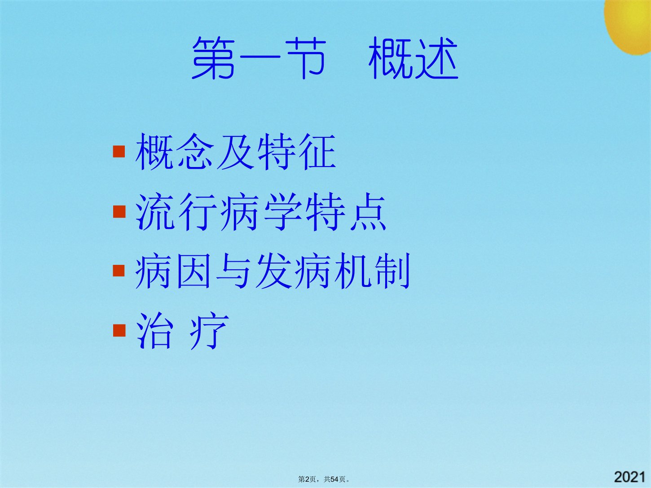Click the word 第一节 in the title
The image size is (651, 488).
(x=259, y=58)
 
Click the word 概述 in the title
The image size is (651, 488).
(x=413, y=58)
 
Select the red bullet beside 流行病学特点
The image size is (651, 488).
(x=119, y=212)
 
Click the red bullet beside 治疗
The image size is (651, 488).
(x=119, y=330)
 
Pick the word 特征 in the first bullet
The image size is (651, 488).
(x=297, y=151)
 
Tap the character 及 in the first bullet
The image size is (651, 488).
(x=236, y=151)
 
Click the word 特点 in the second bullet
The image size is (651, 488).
(x=346, y=211)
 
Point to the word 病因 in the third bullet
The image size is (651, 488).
(x=173, y=271)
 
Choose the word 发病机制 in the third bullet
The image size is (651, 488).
(x=333, y=271)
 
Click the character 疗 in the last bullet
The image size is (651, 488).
(x=209, y=330)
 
